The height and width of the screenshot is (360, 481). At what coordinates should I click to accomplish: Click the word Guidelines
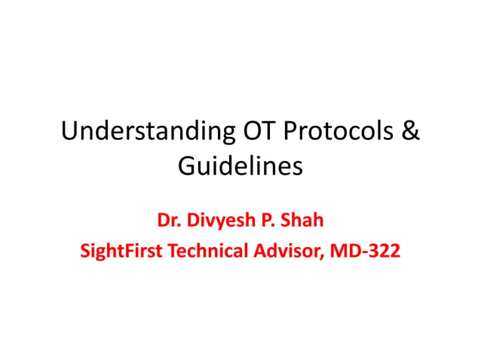[240, 165]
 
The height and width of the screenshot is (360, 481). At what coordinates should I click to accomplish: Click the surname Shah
[304, 221]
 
